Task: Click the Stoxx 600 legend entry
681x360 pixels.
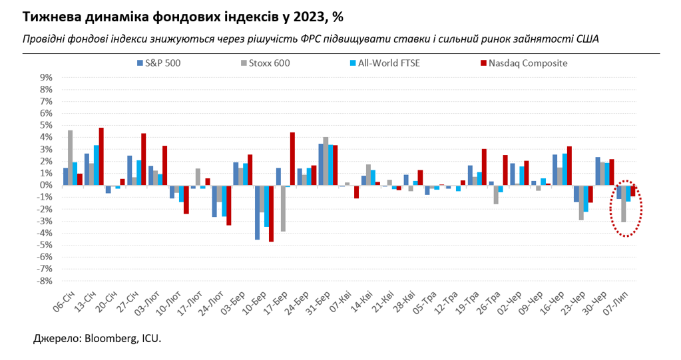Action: coord(265,63)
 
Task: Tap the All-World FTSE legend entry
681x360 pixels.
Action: coord(384,63)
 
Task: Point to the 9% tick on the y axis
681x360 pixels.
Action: coord(46,77)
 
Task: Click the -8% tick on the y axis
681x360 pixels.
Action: coord(45,281)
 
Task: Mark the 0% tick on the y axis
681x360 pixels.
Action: coord(46,185)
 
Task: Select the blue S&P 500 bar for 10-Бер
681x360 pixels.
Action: coord(257,212)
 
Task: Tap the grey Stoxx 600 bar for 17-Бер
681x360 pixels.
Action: coord(283,208)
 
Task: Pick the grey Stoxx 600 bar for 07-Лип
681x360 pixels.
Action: coord(623,204)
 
